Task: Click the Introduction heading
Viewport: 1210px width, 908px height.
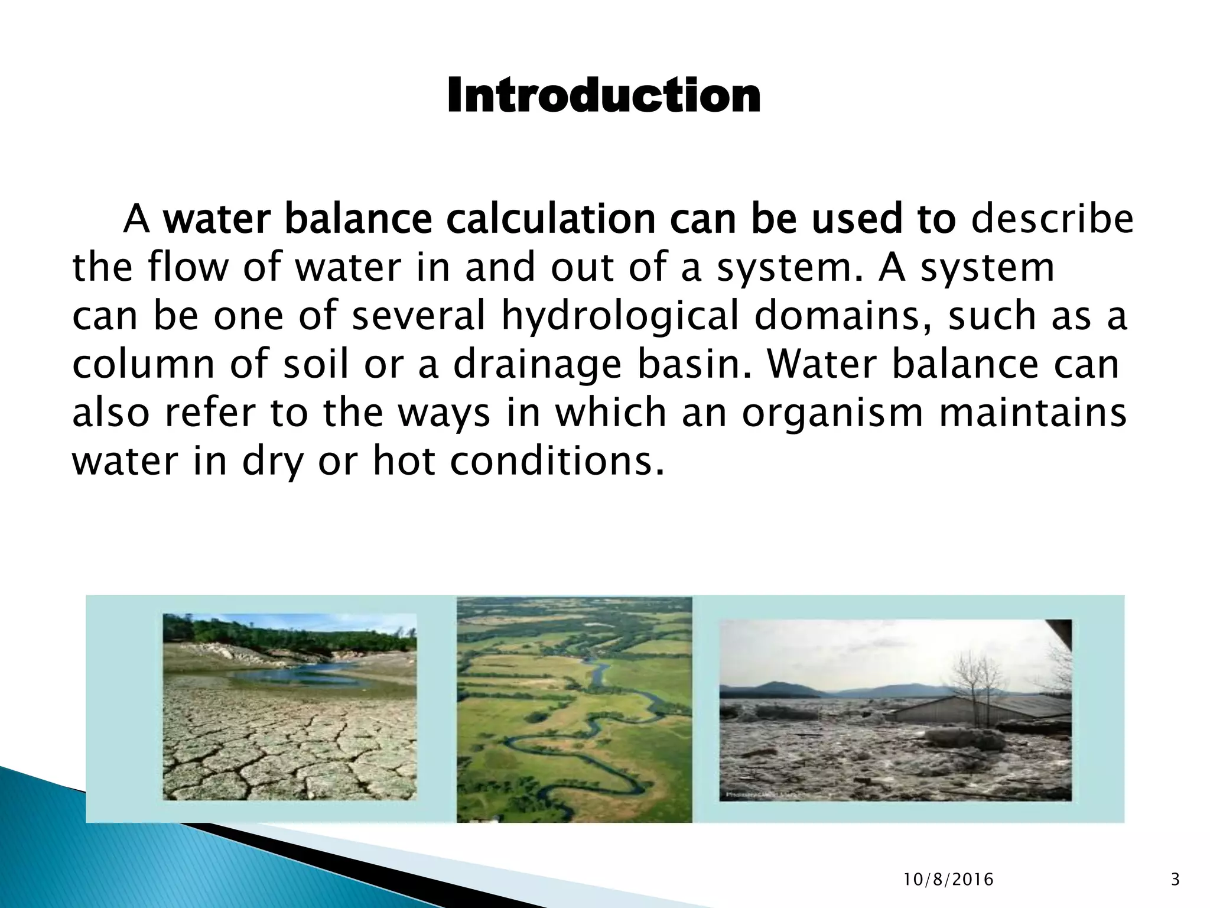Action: point(604,96)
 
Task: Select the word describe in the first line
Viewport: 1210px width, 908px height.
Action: point(1052,219)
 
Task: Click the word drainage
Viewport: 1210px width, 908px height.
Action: point(537,364)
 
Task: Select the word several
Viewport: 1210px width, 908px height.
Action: point(419,315)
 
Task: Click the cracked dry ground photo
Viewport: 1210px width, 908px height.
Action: point(290,745)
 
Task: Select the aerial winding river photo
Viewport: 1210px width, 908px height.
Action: point(574,709)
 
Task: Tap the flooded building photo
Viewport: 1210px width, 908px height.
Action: point(895,709)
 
